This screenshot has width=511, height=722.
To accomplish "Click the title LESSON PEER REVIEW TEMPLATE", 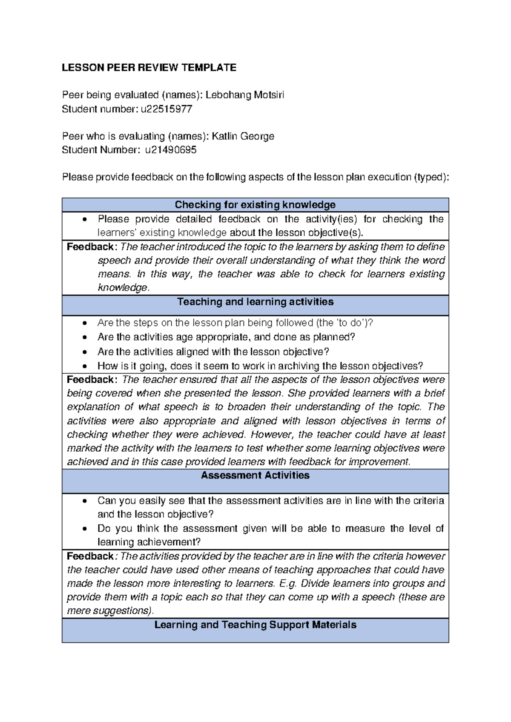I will pos(149,68).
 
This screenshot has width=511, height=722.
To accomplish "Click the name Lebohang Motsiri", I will pos(244,95).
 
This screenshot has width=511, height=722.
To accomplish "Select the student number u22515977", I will pos(166,109).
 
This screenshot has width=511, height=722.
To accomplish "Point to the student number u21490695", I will pos(170,150).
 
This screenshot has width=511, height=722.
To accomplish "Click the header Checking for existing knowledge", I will pos(255,205).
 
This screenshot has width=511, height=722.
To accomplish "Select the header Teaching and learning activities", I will pos(255,302).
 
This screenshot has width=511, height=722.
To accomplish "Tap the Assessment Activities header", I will pos(255,476).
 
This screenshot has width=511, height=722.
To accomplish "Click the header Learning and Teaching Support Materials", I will pos(255,625).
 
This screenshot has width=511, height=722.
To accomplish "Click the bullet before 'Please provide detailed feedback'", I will pos(85,220).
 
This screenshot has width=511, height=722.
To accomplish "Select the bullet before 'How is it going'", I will pos(85,366).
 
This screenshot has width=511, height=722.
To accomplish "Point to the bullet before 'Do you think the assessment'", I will pos(85,529).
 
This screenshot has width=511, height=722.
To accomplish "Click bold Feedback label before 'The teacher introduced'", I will pos(90,247).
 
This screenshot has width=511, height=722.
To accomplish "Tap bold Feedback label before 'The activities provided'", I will pos(90,556).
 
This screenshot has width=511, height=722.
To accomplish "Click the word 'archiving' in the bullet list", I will pos(299,366).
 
